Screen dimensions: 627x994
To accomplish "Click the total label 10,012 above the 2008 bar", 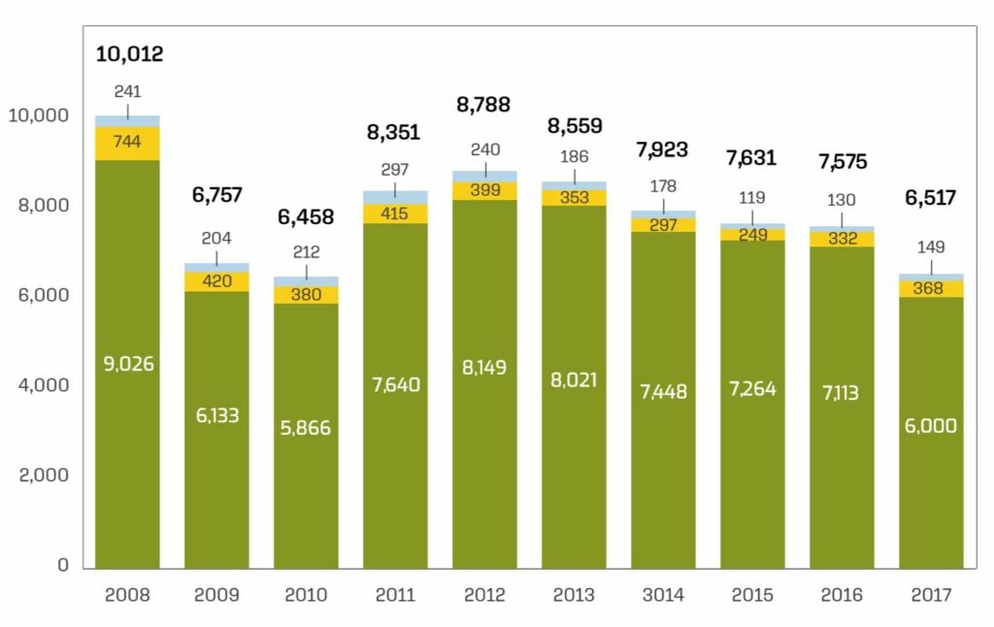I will (x=129, y=54).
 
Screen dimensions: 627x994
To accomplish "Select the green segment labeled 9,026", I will (x=128, y=408).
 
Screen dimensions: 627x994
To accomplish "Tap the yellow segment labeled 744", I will (x=128, y=143).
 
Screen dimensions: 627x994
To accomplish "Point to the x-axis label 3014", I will (x=663, y=594).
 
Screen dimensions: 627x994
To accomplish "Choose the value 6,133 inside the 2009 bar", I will (x=216, y=415).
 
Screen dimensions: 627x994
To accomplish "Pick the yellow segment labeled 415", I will (x=395, y=214).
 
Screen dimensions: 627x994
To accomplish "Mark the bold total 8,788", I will (x=483, y=104).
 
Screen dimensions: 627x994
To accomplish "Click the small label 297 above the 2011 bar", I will (x=395, y=170).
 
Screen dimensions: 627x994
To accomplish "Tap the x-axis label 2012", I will (x=483, y=594).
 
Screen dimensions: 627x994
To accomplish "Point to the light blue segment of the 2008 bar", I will (x=128, y=121).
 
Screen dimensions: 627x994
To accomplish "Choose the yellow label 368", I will (x=931, y=289).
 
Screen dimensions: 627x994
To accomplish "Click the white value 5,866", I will (x=306, y=428).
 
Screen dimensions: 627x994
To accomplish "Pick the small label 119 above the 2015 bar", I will (x=752, y=198).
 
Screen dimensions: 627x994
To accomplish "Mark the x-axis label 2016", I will (x=841, y=594).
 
